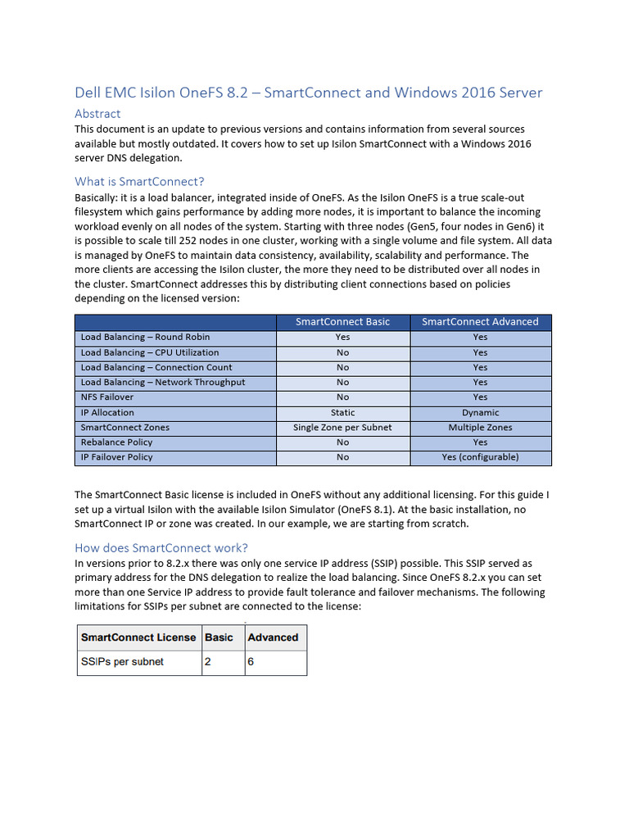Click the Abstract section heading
(x=97, y=114)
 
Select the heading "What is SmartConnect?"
(x=139, y=181)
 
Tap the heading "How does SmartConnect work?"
(x=161, y=547)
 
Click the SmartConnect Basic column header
(x=342, y=322)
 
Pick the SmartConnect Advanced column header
(x=480, y=322)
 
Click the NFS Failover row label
(x=107, y=397)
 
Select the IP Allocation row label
(x=107, y=412)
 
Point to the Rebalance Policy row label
(x=116, y=442)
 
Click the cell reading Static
(x=342, y=413)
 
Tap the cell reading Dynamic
(x=480, y=413)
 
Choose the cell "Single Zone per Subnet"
(x=342, y=428)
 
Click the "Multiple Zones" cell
(x=480, y=428)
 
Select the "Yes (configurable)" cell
(x=480, y=457)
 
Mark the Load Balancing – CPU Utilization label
(x=150, y=352)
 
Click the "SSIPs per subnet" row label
(x=122, y=662)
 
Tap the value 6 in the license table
(x=251, y=662)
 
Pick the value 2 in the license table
(x=208, y=662)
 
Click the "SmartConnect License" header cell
(x=138, y=637)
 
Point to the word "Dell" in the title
(x=88, y=93)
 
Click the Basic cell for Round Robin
(x=342, y=337)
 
